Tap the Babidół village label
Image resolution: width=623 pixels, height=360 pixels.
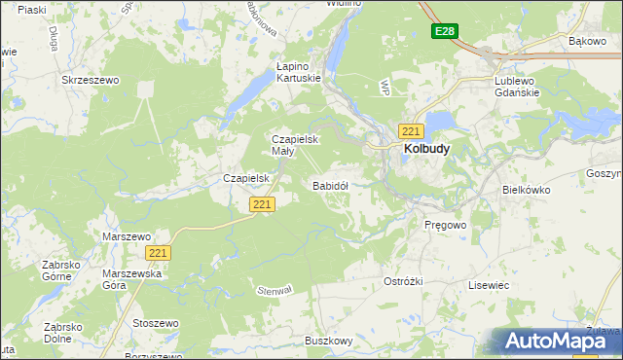click(x=330, y=185)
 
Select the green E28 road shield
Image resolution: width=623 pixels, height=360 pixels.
click(x=444, y=32)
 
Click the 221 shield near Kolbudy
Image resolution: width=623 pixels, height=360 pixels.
click(x=410, y=131)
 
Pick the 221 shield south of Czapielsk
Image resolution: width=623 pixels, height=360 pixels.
click(x=262, y=204)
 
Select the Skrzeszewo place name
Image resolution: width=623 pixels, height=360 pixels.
click(x=89, y=81)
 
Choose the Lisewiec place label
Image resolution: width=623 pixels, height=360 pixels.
click(x=489, y=285)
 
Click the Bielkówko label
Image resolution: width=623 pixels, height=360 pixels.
click(x=527, y=190)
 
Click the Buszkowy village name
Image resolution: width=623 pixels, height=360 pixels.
click(x=328, y=341)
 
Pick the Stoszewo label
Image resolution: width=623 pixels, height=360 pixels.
click(x=156, y=323)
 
